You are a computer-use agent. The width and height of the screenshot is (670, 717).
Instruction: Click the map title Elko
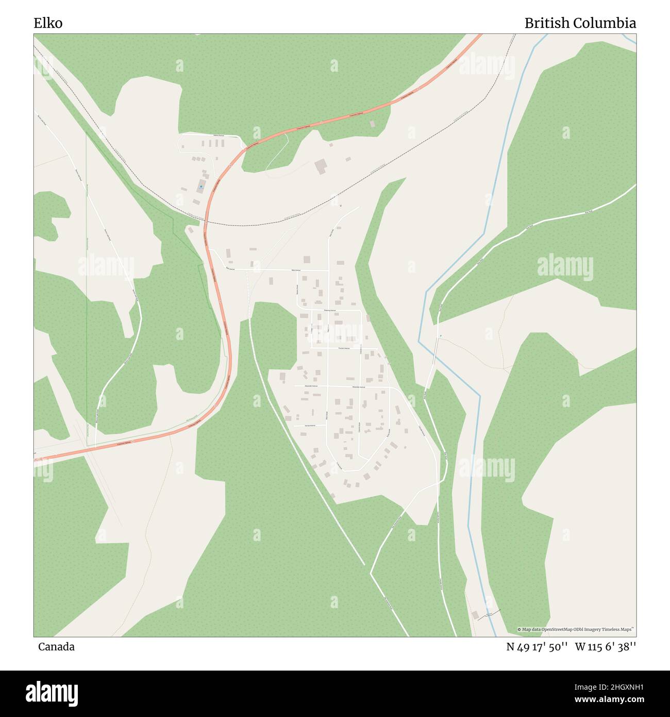tap(48, 23)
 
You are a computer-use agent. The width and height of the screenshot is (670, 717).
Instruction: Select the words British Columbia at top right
tap(580, 23)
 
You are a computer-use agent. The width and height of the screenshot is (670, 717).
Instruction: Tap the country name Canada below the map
tap(56, 647)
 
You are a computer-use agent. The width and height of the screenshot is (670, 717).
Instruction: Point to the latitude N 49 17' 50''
tap(537, 647)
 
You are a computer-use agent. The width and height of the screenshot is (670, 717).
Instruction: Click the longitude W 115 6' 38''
tap(605, 647)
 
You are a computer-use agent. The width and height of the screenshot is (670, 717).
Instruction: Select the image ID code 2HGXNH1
tap(617, 687)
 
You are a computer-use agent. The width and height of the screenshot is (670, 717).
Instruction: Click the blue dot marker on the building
tap(200, 187)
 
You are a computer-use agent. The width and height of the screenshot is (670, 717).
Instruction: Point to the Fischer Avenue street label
tap(343, 349)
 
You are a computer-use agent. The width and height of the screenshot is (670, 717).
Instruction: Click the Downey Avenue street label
tap(330, 310)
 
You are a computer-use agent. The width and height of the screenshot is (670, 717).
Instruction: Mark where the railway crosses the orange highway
tap(205, 223)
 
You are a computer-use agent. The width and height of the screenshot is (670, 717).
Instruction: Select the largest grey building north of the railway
tap(321, 167)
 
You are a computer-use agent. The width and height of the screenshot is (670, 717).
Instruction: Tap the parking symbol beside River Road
tap(441, 336)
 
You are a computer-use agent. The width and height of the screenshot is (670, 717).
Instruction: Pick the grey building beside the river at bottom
tap(475, 615)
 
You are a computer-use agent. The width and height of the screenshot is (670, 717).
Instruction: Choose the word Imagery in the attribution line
tap(599, 629)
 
